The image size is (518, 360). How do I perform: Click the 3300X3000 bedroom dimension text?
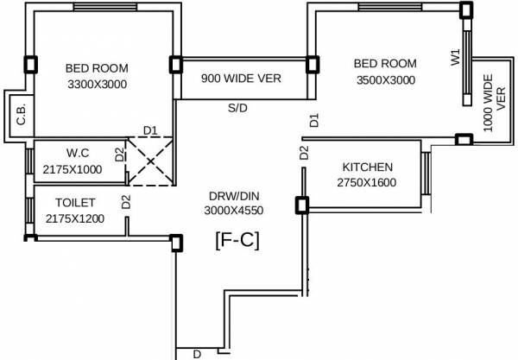(x=97, y=85)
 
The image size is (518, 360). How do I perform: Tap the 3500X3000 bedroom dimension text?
(x=386, y=80)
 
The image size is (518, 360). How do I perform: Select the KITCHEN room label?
(x=368, y=167)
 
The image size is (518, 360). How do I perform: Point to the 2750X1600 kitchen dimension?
(x=366, y=182)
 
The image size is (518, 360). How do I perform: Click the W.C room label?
(x=78, y=153)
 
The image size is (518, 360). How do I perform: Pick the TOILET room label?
(x=75, y=203)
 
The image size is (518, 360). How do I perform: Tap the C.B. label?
(x=21, y=115)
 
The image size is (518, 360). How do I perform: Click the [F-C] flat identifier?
(x=237, y=241)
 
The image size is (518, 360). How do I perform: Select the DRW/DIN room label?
(x=234, y=196)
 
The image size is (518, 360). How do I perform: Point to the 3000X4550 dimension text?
(x=234, y=211)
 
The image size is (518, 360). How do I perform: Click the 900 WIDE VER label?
(x=241, y=79)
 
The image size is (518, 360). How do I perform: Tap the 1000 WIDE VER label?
(x=494, y=103)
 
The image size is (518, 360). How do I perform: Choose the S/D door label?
(x=237, y=108)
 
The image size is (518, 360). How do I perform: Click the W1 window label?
(x=455, y=57)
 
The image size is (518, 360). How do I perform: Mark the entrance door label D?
(x=197, y=354)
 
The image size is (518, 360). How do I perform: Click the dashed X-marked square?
(x=150, y=161)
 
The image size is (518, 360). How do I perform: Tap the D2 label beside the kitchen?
(x=304, y=153)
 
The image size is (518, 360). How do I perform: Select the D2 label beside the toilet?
(x=126, y=202)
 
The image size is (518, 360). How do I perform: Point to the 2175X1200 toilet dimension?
(x=75, y=218)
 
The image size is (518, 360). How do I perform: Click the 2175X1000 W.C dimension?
(x=73, y=169)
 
